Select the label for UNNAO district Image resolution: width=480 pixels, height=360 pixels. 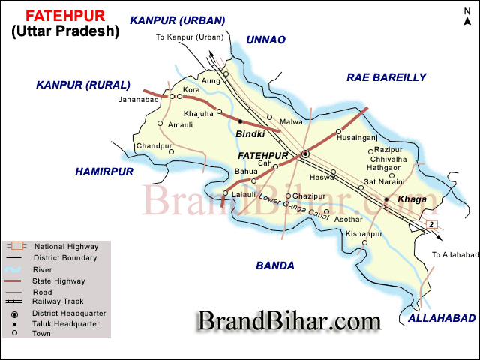point(266,40)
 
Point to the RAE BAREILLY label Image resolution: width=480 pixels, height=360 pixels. point(385,77)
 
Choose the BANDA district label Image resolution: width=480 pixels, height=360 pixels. point(274,265)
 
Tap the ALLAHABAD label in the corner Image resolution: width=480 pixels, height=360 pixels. point(441,319)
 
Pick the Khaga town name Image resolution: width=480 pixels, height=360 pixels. point(411,199)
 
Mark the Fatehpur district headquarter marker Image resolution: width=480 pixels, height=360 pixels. point(305,154)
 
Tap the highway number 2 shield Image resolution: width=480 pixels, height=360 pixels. point(431,224)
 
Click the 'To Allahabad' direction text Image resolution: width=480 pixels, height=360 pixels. point(454,255)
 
